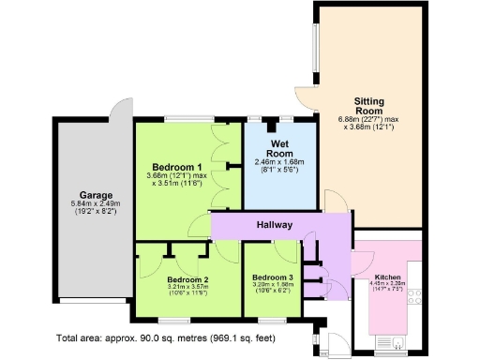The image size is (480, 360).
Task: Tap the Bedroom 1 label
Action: tap(177, 166)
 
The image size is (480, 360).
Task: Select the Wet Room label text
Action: tap(279, 148)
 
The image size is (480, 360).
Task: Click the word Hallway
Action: tap(274, 225)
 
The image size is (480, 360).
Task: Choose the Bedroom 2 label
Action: tap(187, 279)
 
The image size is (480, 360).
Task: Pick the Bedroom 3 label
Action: tap(272, 278)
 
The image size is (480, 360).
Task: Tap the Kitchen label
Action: tap(388, 278)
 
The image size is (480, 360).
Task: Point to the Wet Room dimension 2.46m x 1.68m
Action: tap(280, 162)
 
